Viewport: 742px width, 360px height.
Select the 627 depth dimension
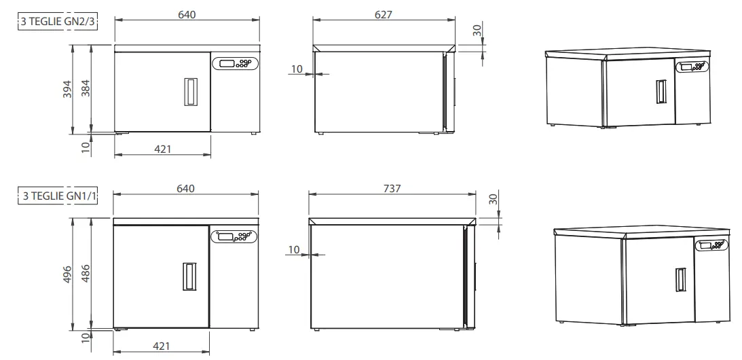point(383,14)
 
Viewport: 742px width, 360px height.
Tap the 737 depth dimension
point(392,188)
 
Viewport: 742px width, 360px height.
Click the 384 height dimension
point(85,88)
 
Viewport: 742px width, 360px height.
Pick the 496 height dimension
point(67,274)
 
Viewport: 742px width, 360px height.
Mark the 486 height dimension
point(85,272)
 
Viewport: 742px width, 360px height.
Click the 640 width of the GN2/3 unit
point(186,14)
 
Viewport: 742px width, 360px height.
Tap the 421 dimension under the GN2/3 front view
point(163,149)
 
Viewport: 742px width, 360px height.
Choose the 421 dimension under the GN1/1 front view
point(161,346)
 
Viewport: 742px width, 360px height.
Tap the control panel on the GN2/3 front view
point(236,63)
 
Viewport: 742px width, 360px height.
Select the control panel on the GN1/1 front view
point(234,236)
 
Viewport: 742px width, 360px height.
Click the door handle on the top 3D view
point(659,92)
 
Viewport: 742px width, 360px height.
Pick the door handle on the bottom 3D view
point(679,281)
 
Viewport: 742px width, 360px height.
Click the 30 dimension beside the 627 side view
point(477,31)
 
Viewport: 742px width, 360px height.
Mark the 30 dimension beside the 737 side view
point(494,199)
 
